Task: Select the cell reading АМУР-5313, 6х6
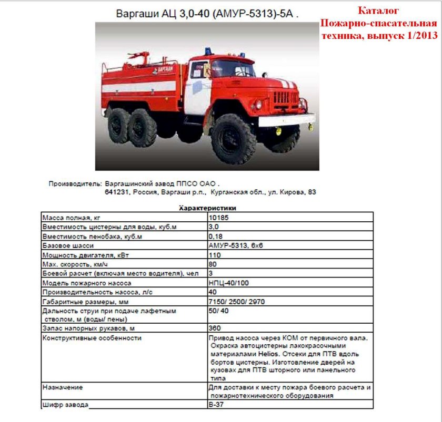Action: [x=235, y=246]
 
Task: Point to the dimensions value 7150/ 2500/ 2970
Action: [x=238, y=302]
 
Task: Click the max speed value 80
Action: [x=213, y=264]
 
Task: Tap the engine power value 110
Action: [x=215, y=255]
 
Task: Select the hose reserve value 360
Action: [x=215, y=328]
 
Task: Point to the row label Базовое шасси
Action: [x=68, y=246]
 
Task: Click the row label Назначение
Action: [x=63, y=387]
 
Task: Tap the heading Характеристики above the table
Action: [x=207, y=208]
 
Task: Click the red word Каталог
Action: [x=378, y=11]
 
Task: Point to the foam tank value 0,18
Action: [x=216, y=236]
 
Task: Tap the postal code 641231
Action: [x=117, y=192]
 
